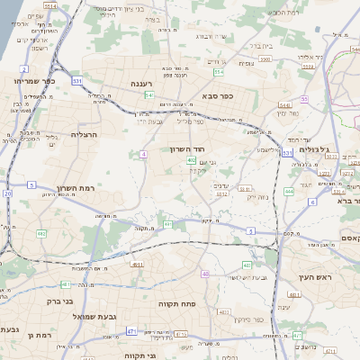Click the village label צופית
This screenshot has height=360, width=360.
246,62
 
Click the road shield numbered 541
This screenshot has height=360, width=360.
149,94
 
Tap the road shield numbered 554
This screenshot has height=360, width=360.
219,72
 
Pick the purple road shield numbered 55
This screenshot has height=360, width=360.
304,99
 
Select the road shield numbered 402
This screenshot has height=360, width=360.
192,160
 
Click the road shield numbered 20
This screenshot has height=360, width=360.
8,193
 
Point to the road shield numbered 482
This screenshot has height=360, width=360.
41,233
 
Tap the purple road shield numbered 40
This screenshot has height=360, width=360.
205,273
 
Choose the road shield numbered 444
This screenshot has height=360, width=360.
289,191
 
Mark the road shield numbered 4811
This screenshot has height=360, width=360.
137,265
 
